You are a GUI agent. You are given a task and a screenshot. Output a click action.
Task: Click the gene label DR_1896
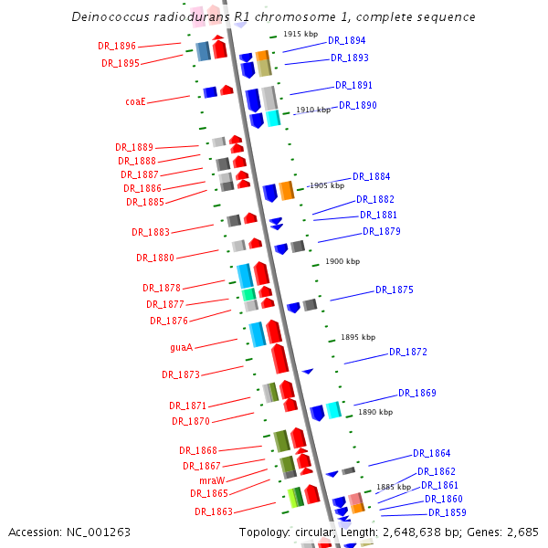tap(117, 46)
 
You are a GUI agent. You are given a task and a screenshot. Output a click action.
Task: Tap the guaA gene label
tap(181, 347)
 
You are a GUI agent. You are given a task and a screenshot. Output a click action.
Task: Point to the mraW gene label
tap(212, 479)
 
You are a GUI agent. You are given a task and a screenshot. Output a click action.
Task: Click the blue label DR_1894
tap(346, 41)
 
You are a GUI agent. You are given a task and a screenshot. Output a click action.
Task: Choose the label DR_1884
tap(371, 176)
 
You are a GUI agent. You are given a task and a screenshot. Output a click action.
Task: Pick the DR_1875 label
tap(394, 290)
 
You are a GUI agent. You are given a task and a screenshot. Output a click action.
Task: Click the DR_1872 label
tap(408, 352)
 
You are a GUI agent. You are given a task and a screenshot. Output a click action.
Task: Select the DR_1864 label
tap(431, 453)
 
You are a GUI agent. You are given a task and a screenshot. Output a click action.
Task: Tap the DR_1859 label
tap(448, 512)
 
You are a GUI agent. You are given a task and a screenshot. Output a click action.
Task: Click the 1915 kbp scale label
tap(300, 34)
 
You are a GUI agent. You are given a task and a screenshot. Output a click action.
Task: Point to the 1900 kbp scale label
tap(342, 262)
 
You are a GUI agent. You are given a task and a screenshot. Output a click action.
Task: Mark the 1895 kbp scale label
tap(358, 337)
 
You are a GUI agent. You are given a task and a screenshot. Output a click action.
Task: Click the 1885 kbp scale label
tap(393, 487)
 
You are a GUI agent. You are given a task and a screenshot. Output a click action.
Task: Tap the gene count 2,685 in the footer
tap(521, 532)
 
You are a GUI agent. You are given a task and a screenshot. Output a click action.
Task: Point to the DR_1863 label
tap(213, 511)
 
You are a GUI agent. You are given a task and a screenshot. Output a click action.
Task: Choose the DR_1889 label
tap(134, 147)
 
